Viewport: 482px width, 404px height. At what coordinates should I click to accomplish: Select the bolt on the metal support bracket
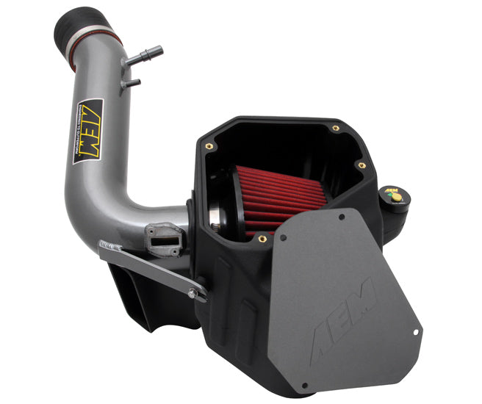[x=192, y=293]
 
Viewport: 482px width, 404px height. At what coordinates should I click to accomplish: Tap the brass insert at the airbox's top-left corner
[x=208, y=146]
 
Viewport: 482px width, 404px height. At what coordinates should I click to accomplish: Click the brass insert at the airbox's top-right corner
[x=336, y=128]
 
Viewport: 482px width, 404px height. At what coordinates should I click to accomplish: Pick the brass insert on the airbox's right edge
[x=362, y=165]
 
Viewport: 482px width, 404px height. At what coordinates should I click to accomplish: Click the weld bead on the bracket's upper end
[x=110, y=245]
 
